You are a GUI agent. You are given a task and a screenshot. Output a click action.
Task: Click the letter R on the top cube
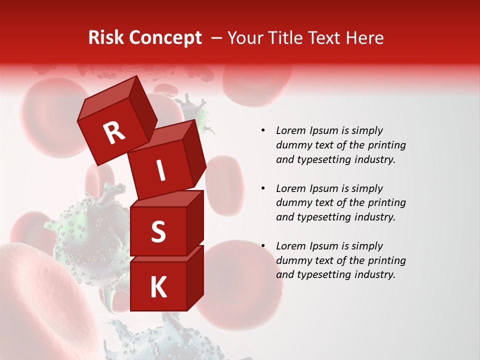(114, 133)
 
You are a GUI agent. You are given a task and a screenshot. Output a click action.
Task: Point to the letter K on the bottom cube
(158, 287)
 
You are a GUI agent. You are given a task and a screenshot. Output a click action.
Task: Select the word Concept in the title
(166, 38)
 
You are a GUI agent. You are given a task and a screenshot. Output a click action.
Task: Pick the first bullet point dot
(263, 130)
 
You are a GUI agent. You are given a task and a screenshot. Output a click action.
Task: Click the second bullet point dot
(263, 188)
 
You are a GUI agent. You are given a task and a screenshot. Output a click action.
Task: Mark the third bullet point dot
(263, 246)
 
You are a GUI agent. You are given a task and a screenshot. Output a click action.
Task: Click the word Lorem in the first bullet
(290, 130)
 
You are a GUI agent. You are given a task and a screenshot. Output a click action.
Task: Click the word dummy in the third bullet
(291, 260)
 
